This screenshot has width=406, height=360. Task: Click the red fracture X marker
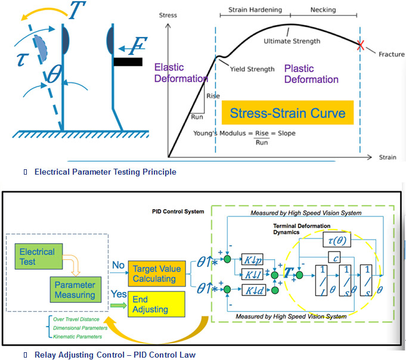pyautogui.click(x=359, y=44)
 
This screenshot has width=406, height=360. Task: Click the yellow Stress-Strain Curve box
pyautogui.click(x=283, y=113)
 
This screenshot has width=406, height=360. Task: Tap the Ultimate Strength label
pyautogui.click(x=292, y=41)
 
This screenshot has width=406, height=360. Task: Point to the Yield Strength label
pyautogui.click(x=252, y=69)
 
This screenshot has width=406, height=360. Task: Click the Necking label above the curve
pyautogui.click(x=323, y=10)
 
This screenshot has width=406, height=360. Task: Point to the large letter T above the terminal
pyautogui.click(x=76, y=10)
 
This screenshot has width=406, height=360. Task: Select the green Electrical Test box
pyautogui.click(x=37, y=256)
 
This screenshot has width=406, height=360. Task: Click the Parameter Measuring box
pyautogui.click(x=72, y=289)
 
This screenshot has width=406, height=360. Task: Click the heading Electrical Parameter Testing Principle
pyautogui.click(x=105, y=172)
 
